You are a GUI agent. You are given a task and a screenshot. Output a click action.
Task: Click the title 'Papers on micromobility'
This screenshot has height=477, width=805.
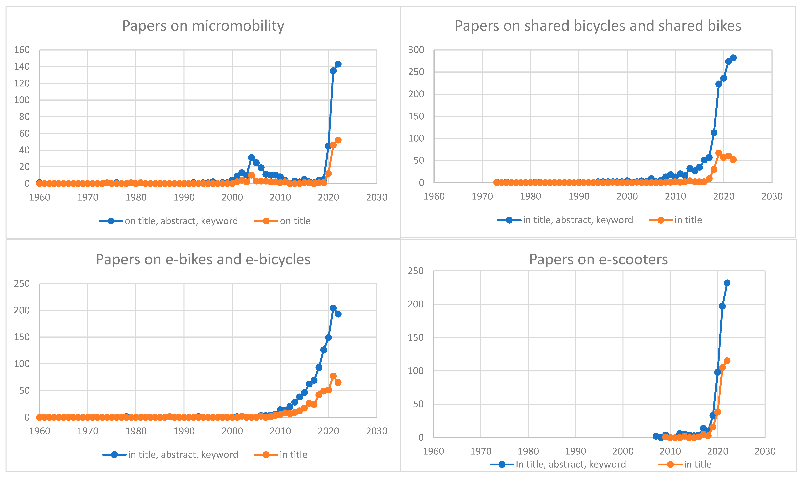tap(203, 26)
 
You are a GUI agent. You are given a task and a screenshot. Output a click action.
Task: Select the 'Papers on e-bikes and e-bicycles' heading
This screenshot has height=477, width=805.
tap(203, 259)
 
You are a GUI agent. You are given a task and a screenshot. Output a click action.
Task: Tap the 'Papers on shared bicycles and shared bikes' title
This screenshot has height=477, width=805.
tap(598, 26)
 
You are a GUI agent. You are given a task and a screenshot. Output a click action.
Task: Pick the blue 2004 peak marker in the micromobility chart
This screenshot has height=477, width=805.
tap(251, 157)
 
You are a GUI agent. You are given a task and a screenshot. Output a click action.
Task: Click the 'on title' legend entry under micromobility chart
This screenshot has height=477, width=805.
tap(295, 221)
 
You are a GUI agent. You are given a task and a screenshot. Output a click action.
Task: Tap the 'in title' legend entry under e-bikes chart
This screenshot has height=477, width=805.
tap(293, 455)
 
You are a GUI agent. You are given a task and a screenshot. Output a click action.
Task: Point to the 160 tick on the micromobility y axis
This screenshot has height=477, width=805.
tap(22, 50)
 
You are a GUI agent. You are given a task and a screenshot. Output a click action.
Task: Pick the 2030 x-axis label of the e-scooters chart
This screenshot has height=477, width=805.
tap(765, 451)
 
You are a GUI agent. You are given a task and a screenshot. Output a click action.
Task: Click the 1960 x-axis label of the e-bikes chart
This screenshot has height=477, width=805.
tap(39, 431)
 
